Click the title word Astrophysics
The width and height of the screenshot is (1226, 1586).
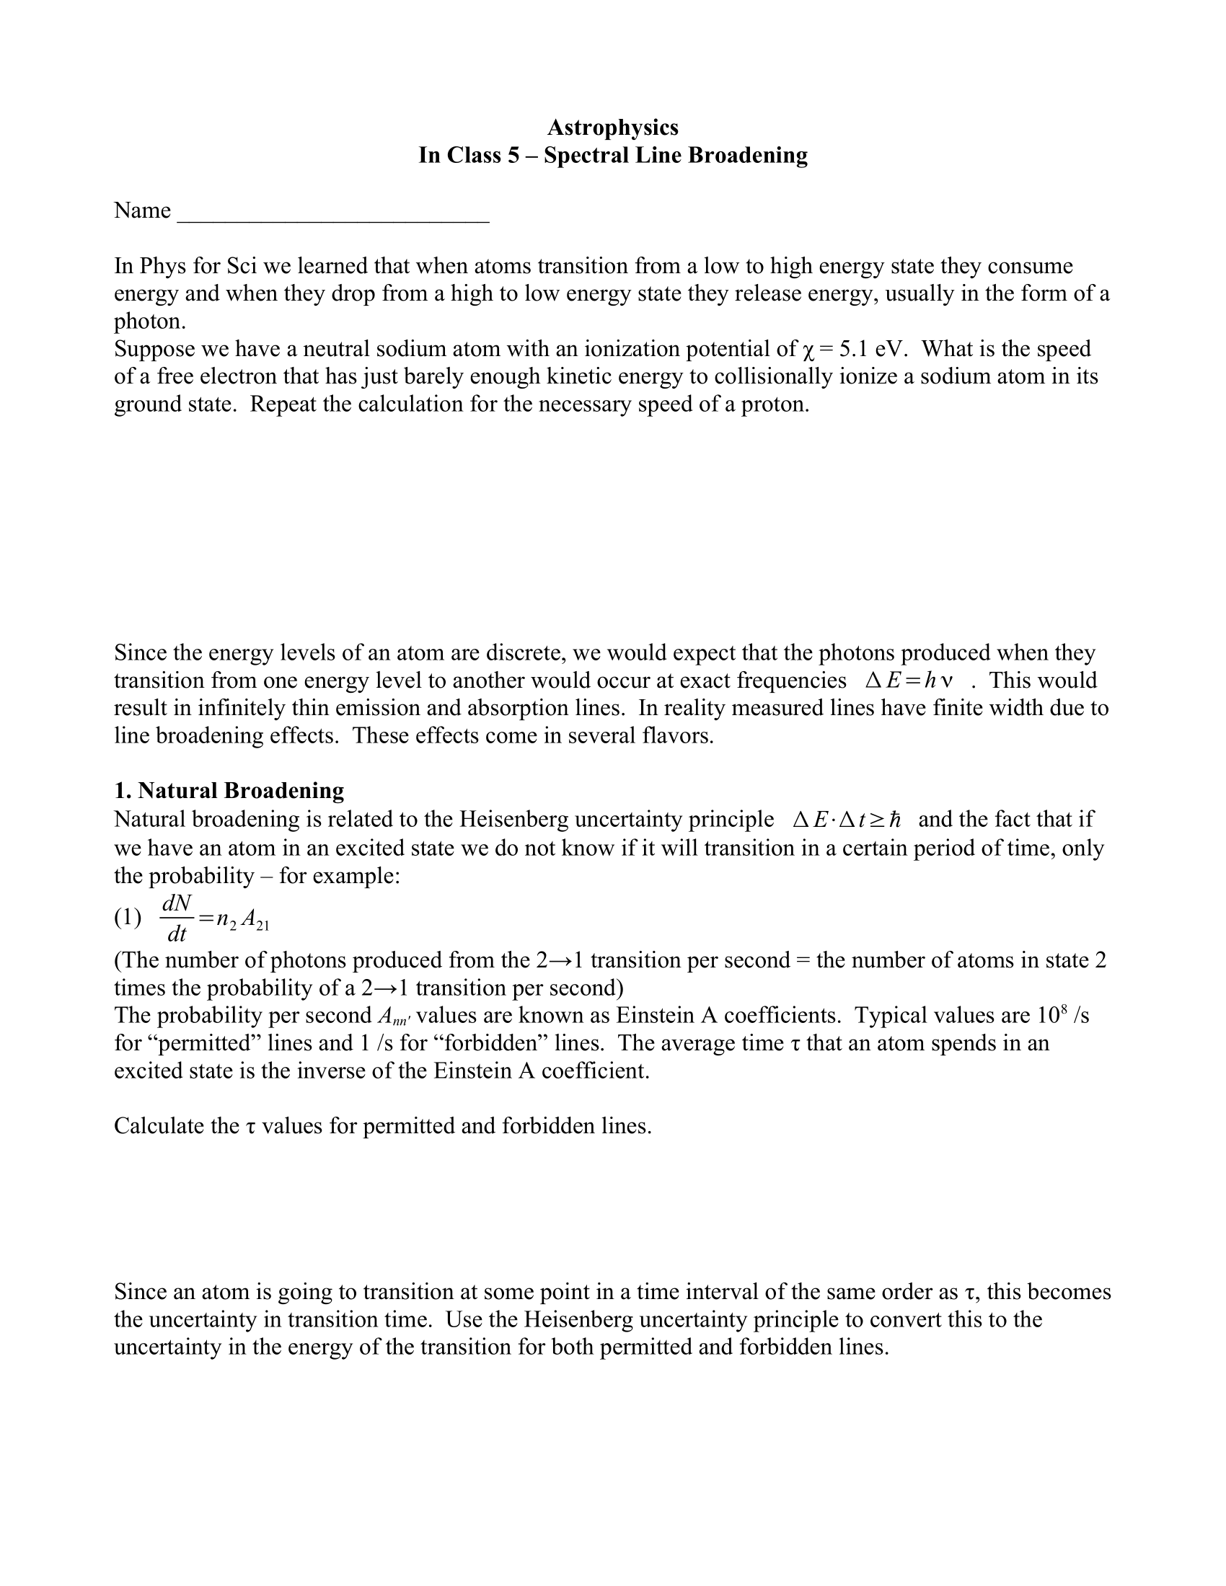pos(612,128)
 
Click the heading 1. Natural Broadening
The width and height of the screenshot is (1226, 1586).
pos(229,790)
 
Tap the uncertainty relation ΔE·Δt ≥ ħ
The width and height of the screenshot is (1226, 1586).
pos(846,820)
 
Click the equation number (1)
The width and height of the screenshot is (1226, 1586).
pos(128,918)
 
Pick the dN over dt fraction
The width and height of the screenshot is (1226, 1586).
pos(177,918)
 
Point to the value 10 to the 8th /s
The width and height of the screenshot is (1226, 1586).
pos(1059,1015)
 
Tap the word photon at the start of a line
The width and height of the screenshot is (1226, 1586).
pos(147,322)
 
